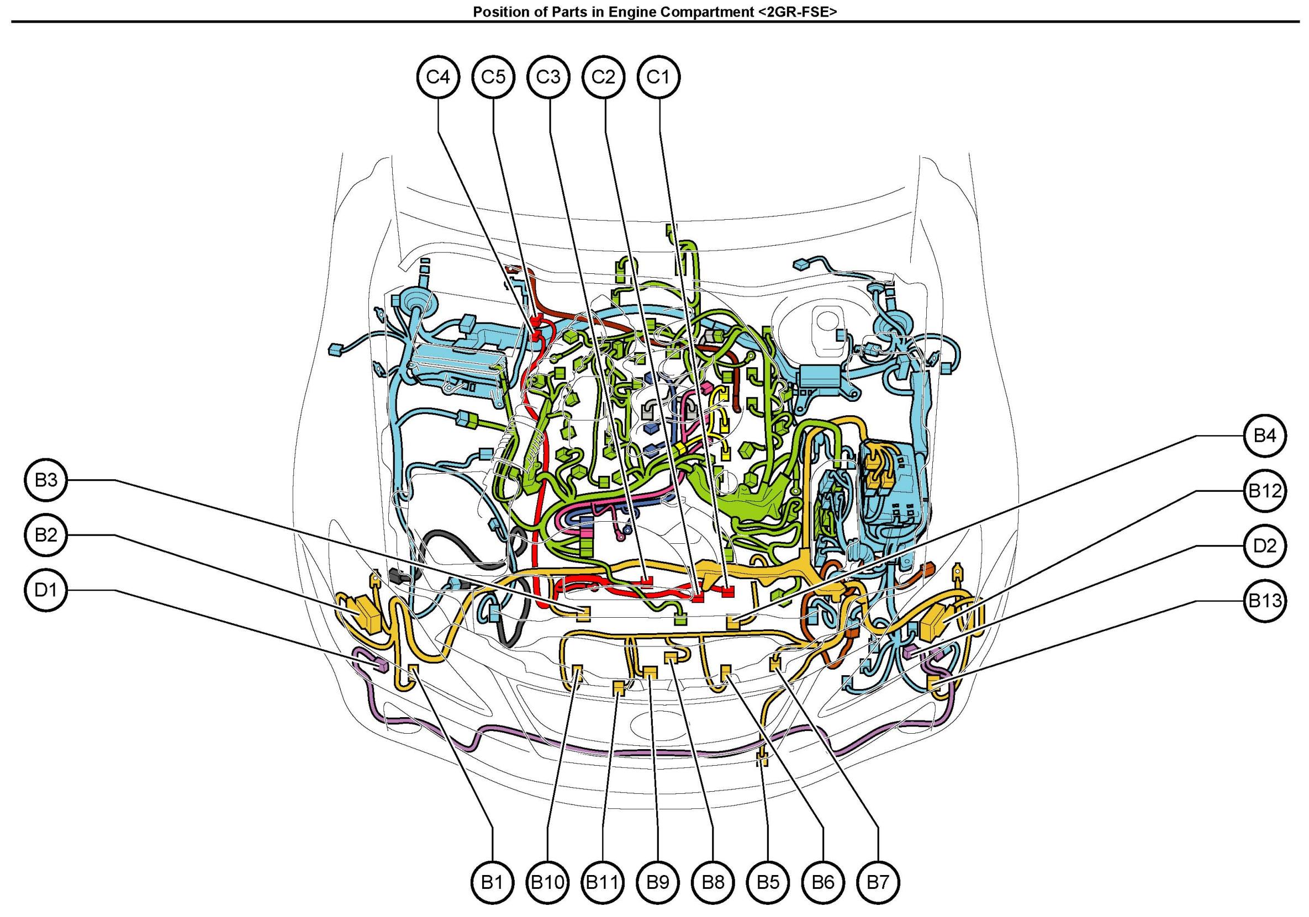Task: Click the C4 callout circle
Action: coord(438,76)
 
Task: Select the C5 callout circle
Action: coord(493,76)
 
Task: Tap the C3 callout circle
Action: coord(548,76)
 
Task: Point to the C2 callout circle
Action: coord(603,76)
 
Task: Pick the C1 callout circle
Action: coord(658,76)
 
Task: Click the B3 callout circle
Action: coord(46,480)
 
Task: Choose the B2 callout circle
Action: coord(46,534)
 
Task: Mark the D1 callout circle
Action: coord(46,590)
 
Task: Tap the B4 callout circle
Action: coord(1264,436)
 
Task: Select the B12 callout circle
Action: coord(1264,491)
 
